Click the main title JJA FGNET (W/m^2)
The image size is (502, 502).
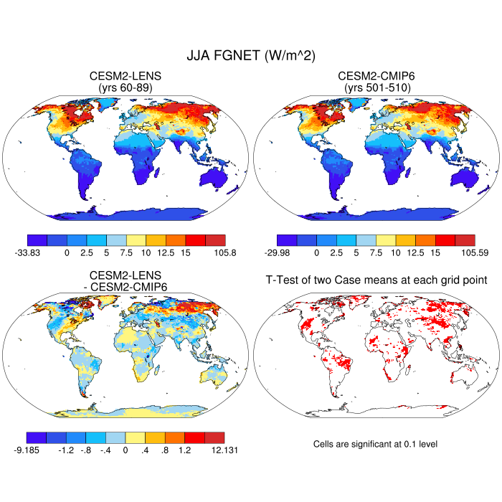[x=251, y=55]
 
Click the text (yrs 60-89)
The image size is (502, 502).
[x=126, y=87]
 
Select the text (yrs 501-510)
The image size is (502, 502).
[x=376, y=87]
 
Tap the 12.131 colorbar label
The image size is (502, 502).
[x=224, y=450]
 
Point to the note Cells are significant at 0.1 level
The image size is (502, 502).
[x=375, y=444]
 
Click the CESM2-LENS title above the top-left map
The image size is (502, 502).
[x=126, y=76]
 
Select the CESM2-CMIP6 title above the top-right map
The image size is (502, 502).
[x=376, y=76]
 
